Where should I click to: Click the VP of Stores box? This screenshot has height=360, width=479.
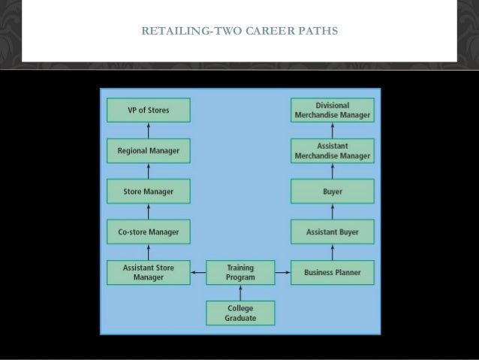coord(148,110)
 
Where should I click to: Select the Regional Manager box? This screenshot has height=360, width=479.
coord(148,150)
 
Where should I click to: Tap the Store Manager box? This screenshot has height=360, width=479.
coord(148,192)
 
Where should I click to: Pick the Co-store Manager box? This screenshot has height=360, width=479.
coord(148,231)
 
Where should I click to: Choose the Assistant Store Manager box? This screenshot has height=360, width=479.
coord(148,272)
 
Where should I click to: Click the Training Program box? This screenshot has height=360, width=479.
coord(240,272)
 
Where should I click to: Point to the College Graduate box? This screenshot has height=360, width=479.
coord(240,313)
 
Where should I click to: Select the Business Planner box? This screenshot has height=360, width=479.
coord(332,272)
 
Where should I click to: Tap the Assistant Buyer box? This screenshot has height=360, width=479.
coord(332,231)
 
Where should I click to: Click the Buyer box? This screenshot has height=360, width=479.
coord(332,192)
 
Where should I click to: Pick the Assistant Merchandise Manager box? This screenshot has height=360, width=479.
coord(332,150)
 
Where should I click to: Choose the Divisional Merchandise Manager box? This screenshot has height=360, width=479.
coord(332,110)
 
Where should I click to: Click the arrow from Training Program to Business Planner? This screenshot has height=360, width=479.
coord(282,272)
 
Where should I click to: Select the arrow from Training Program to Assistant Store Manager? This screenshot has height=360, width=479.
coord(198,272)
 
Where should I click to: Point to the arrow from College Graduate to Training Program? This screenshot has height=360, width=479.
coord(240,292)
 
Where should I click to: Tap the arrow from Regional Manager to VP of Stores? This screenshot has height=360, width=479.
coord(148,131)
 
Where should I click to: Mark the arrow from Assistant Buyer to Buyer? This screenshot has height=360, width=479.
coord(332,211)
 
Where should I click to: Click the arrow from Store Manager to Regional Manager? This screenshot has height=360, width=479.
coord(148,171)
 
